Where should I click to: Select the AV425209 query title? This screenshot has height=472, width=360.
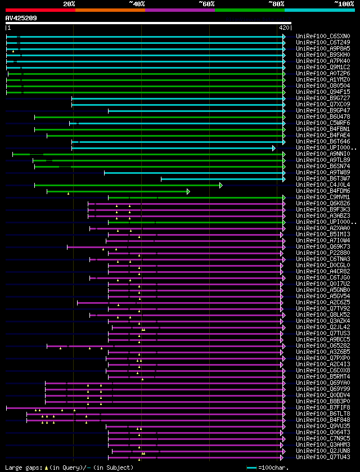tap(21, 18)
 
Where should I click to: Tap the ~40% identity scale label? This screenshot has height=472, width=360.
tap(137, 4)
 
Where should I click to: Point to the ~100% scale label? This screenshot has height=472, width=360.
tap(344, 4)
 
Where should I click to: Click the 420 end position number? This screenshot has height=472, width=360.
tap(284, 27)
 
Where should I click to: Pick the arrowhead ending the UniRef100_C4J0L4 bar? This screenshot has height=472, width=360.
tap(221, 185)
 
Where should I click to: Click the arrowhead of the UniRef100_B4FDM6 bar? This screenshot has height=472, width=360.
tap(188, 191)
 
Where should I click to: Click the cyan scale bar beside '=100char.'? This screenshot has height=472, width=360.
tap(251, 467)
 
